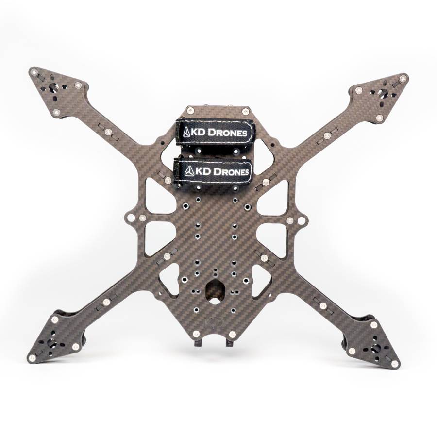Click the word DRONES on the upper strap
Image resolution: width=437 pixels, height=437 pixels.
(227, 133)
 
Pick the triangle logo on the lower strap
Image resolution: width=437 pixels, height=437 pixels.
(189, 170)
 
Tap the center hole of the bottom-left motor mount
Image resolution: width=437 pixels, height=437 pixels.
(52, 342)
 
